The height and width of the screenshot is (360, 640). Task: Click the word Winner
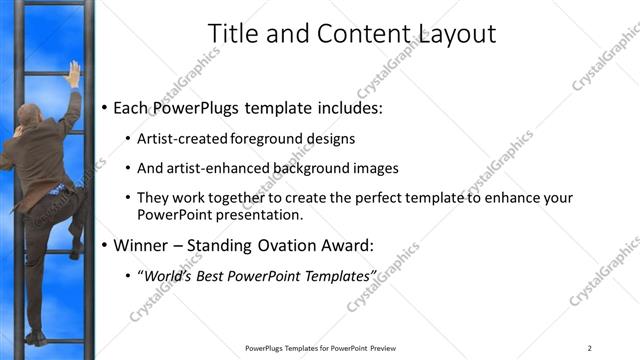pos(140,245)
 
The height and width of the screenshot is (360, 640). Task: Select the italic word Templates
pos(337,275)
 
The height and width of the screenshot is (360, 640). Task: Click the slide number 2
pos(590,348)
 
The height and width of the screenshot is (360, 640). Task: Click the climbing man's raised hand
pos(73,73)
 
